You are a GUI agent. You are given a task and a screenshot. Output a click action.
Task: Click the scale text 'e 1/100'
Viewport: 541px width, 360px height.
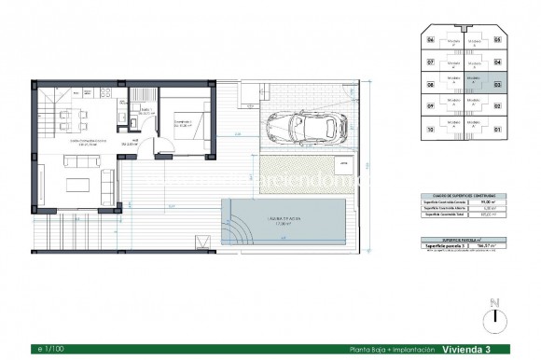pyautogui.click(x=48, y=349)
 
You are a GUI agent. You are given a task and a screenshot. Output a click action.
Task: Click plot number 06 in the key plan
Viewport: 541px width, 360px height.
pyautogui.click(x=431, y=40)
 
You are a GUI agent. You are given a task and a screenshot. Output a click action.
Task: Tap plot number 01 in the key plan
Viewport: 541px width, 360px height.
pyautogui.click(x=497, y=128)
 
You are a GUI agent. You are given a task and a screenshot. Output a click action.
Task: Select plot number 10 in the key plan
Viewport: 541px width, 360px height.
pyautogui.click(x=431, y=128)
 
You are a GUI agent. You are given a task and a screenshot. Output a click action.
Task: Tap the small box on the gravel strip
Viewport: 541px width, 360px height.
pyautogui.click(x=344, y=164)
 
